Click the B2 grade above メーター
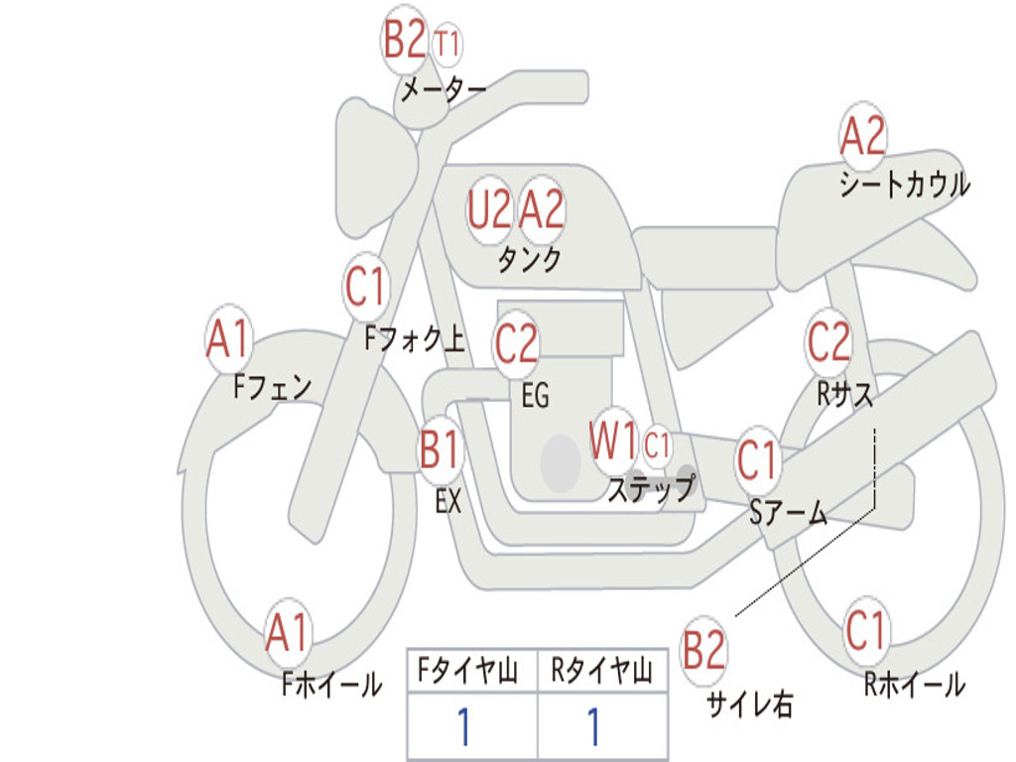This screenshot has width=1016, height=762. (x=405, y=41)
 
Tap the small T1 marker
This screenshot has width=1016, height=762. (x=447, y=45)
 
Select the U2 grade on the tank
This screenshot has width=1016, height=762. (x=490, y=209)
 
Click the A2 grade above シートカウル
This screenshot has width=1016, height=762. (x=862, y=137)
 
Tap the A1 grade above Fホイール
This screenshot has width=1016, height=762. (x=288, y=631)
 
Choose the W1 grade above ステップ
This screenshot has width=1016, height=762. (x=613, y=442)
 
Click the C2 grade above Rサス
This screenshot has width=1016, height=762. (x=828, y=342)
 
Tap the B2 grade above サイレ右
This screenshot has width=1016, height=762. (x=704, y=651)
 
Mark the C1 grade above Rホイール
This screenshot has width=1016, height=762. (x=866, y=629)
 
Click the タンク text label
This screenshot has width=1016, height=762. (x=529, y=260)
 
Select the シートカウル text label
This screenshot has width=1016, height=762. (x=904, y=185)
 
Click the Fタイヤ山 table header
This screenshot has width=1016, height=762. (x=470, y=673)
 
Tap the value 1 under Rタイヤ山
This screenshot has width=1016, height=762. (x=593, y=727)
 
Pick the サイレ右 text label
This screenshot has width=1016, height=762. (x=749, y=703)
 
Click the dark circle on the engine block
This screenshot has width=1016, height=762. (x=561, y=462)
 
